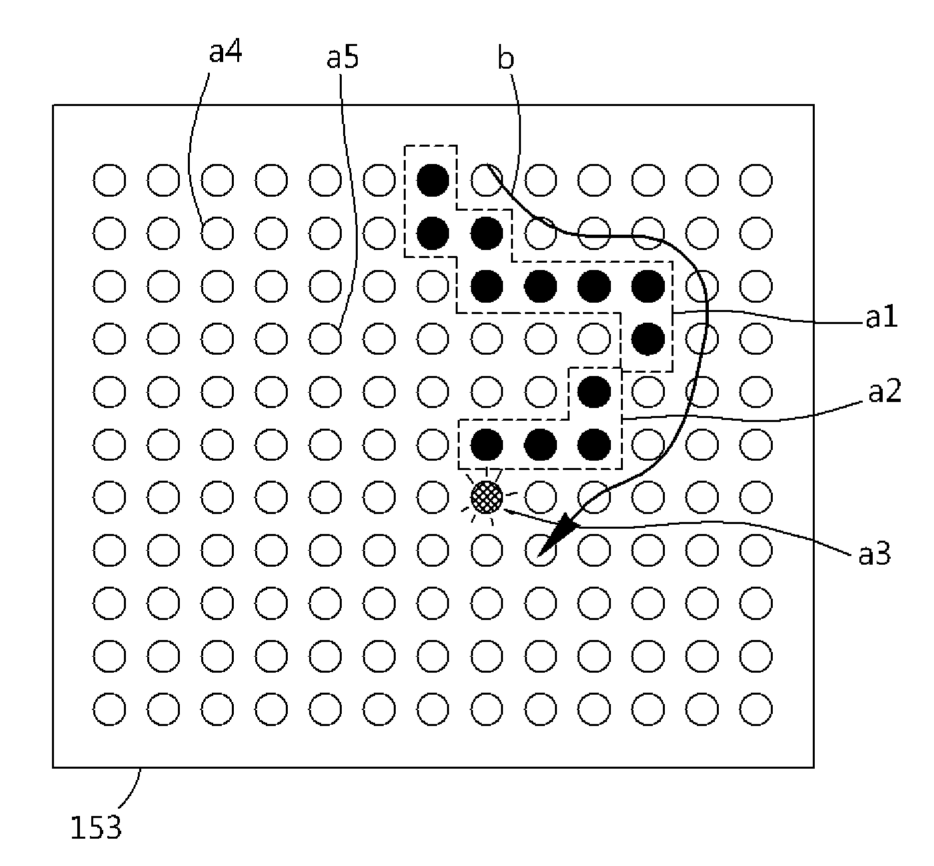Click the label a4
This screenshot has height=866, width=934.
(x=226, y=52)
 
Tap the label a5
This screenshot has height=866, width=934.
(x=343, y=57)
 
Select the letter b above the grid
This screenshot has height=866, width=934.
(x=506, y=59)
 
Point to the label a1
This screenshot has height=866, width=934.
(x=882, y=317)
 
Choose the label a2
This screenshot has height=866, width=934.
(x=885, y=391)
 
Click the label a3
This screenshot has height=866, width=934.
(x=875, y=554)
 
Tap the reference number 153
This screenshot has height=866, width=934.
(x=96, y=827)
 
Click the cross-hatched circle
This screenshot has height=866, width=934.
(x=487, y=497)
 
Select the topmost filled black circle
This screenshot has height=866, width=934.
(x=432, y=180)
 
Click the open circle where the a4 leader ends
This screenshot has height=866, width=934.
(x=217, y=233)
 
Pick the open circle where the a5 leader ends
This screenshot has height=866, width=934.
(x=325, y=339)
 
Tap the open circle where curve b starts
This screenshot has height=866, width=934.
(x=487, y=180)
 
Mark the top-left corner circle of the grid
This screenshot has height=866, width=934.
(x=109, y=180)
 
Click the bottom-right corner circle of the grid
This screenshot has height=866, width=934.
(x=755, y=709)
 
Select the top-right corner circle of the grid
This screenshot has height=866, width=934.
(x=755, y=180)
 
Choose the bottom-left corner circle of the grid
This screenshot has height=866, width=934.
(x=109, y=709)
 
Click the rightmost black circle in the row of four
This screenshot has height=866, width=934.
(x=648, y=286)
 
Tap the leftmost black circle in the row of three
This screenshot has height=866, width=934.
(x=487, y=445)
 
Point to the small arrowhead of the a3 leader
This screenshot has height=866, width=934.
(x=508, y=511)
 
